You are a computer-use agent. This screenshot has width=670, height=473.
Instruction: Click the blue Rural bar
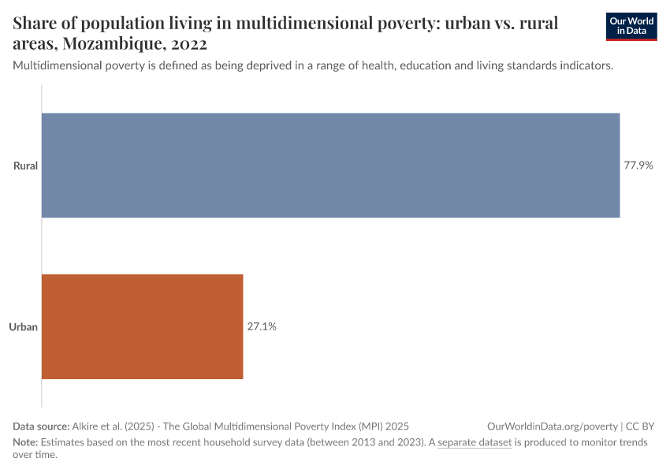[330, 166]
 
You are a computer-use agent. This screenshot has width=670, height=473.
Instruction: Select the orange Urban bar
[142, 326]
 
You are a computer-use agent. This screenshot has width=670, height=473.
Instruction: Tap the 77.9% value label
[638, 166]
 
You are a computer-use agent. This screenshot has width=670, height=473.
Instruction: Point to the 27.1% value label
[262, 326]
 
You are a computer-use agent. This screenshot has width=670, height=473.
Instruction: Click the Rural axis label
[25, 166]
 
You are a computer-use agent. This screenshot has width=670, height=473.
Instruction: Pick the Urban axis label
[24, 326]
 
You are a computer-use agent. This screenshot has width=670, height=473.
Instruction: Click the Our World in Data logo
[631, 26]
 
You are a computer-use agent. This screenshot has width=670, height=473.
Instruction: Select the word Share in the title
[36, 23]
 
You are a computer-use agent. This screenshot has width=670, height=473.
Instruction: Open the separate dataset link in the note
[475, 442]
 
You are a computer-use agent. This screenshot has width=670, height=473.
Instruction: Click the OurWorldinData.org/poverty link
[553, 426]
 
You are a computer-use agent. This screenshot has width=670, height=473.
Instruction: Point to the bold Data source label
[41, 426]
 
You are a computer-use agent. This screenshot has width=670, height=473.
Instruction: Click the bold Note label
[25, 442]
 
